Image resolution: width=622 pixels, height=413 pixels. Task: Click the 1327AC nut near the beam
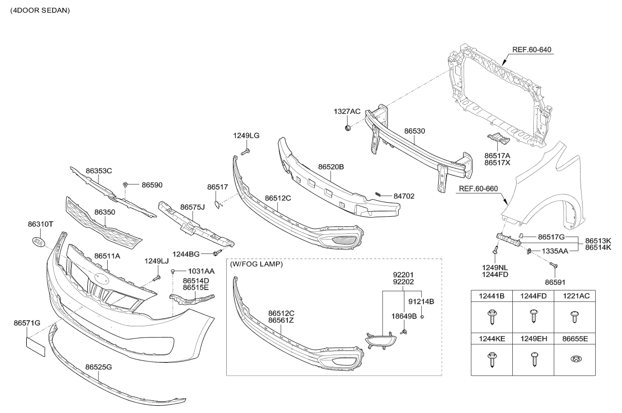(x=348, y=128)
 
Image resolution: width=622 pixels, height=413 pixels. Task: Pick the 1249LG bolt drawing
(x=247, y=152)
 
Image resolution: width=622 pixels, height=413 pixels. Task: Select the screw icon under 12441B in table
(x=492, y=316)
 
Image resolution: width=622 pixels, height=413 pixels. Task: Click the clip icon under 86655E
(x=575, y=359)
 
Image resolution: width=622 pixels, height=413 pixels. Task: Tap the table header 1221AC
(x=575, y=296)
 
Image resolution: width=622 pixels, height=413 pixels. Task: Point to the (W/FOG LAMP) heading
(x=256, y=264)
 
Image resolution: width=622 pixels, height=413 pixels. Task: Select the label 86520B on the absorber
(x=331, y=167)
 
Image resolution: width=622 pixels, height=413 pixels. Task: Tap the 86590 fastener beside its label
(x=126, y=185)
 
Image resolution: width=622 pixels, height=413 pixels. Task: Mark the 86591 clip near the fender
(x=553, y=264)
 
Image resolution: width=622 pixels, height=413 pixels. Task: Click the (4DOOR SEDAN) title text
(x=39, y=10)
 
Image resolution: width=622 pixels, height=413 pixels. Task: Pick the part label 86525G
(x=98, y=367)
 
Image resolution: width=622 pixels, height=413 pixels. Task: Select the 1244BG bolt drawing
(x=217, y=253)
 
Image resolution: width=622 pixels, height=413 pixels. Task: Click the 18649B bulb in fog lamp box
(x=404, y=332)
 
